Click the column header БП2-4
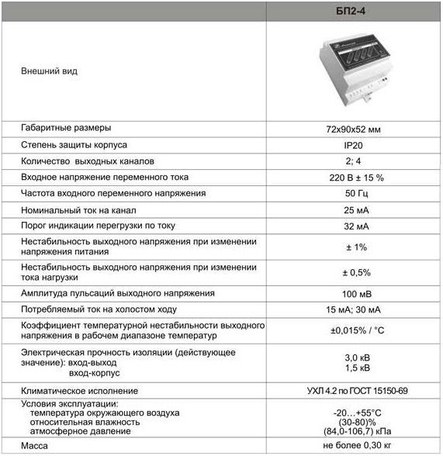(x=354, y=10)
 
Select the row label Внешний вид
(x=48, y=71)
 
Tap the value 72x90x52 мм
(x=354, y=128)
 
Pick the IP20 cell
(x=354, y=145)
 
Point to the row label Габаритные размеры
(x=66, y=128)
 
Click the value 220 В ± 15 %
(x=354, y=178)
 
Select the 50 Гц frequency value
(x=354, y=193)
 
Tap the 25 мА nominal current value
(x=354, y=210)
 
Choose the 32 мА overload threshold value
(x=354, y=226)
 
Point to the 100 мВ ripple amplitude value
(x=354, y=294)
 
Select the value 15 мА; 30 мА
(x=354, y=310)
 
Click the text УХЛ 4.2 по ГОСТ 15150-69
(x=355, y=391)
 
